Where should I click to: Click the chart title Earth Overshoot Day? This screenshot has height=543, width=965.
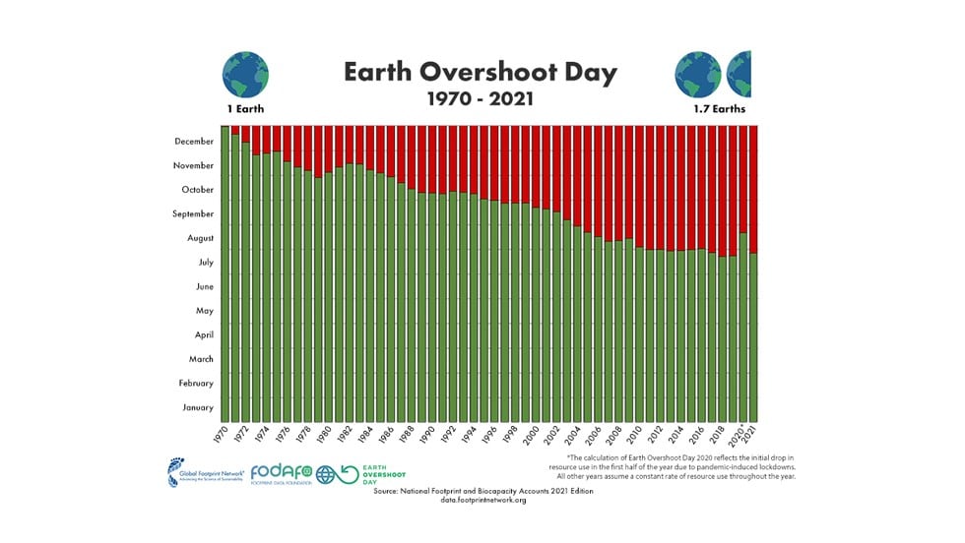tap(482, 72)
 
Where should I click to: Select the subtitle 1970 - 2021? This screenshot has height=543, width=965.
tap(482, 99)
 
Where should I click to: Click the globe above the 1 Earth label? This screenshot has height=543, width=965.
tap(245, 74)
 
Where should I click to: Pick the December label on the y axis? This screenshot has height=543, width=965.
tap(193, 142)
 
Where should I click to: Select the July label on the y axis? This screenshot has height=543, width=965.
tap(206, 263)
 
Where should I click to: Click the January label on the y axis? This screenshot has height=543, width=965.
tap(198, 407)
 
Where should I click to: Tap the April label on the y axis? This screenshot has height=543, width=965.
tap(205, 334)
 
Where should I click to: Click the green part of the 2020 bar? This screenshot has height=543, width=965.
tap(743, 325)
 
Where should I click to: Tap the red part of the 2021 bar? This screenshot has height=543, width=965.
tap(754, 187)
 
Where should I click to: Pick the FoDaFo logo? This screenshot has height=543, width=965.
tap(282, 473)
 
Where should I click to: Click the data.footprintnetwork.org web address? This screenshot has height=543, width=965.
tap(483, 500)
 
